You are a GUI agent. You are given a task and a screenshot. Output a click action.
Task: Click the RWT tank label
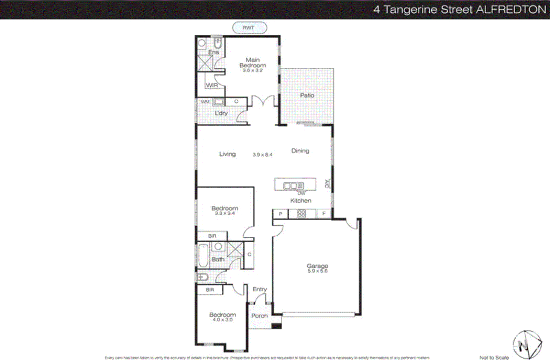(249, 28)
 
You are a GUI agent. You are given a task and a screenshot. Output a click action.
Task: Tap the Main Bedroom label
(253, 63)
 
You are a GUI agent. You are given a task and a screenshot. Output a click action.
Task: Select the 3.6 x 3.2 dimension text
(252, 70)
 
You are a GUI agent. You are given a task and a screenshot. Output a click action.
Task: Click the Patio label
(307, 95)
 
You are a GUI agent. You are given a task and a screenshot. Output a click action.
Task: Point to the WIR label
(212, 85)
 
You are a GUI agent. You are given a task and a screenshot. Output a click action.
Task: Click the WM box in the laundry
(205, 102)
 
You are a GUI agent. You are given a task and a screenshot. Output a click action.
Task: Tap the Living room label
(228, 154)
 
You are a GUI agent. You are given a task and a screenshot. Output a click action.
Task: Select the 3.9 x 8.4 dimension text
(262, 155)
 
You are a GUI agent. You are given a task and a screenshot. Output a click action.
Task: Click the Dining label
(300, 151)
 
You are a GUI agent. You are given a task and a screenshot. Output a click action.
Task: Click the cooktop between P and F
(301, 214)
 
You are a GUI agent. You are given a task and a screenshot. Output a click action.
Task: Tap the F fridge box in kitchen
(323, 214)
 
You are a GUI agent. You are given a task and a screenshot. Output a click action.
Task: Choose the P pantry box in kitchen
(280, 214)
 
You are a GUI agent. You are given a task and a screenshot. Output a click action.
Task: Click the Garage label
(317, 266)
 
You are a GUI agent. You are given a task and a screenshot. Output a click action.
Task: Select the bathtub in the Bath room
(203, 256)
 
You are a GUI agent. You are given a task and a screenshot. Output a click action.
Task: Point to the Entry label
(260, 289)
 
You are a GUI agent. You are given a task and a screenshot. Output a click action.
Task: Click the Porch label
(259, 316)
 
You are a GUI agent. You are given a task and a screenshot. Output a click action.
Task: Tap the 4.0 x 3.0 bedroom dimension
(222, 320)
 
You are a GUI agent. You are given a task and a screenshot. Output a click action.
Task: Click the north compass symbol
(527, 345)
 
